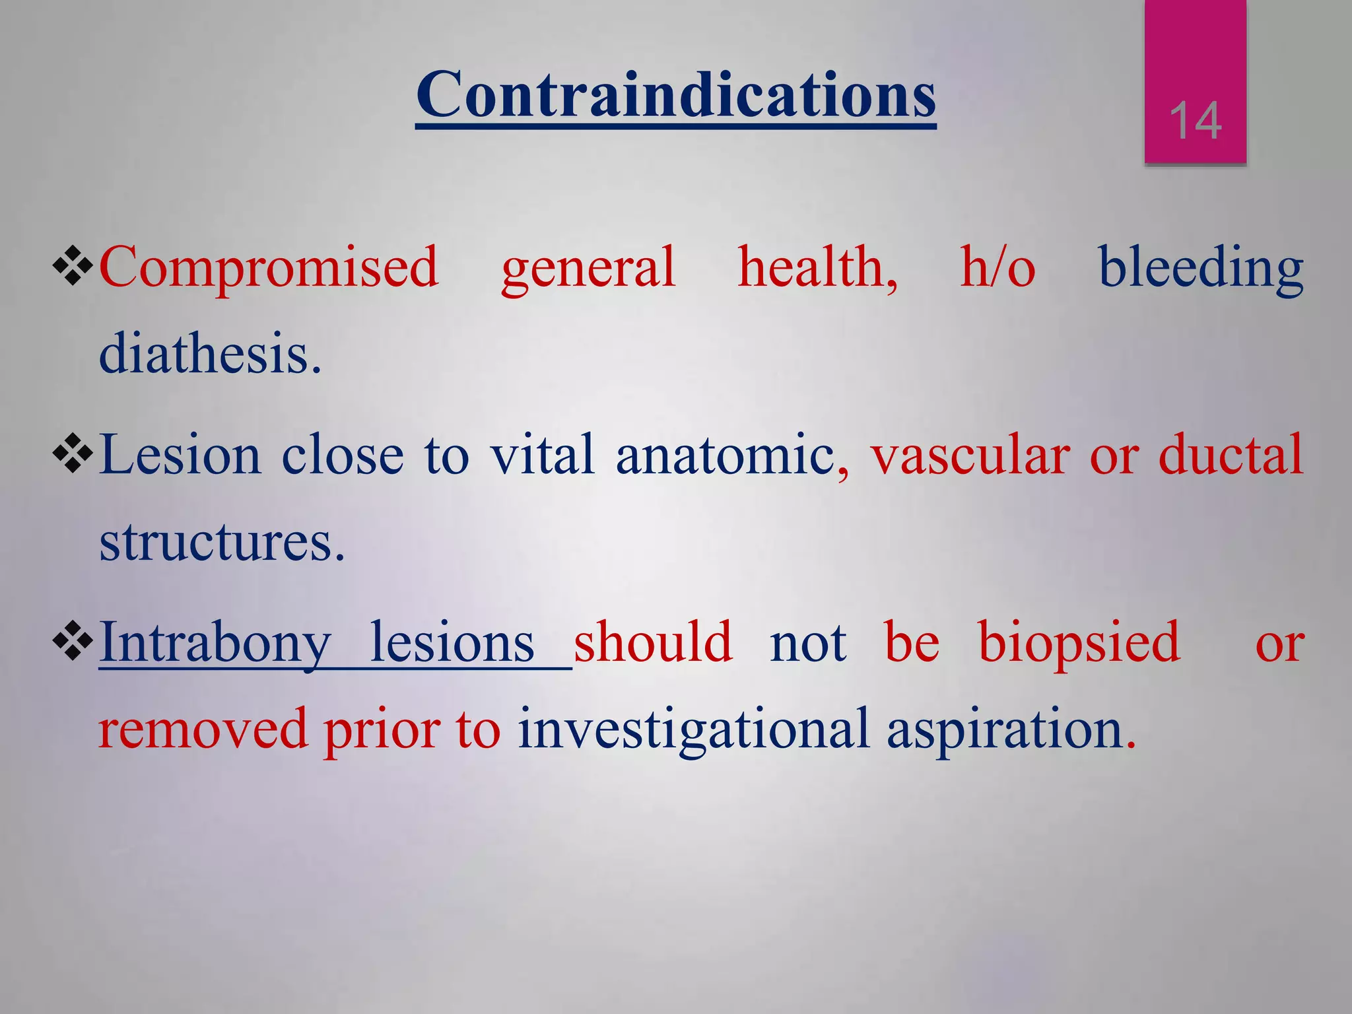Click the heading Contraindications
tap(675, 96)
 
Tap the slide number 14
tap(1195, 121)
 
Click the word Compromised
tap(269, 267)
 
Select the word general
tap(588, 267)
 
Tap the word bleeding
tap(1200, 267)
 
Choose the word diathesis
tap(209, 353)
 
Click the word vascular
tap(970, 455)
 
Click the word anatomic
tap(725, 455)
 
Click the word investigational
tap(693, 729)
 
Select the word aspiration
tap(1010, 729)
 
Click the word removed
tap(203, 729)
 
